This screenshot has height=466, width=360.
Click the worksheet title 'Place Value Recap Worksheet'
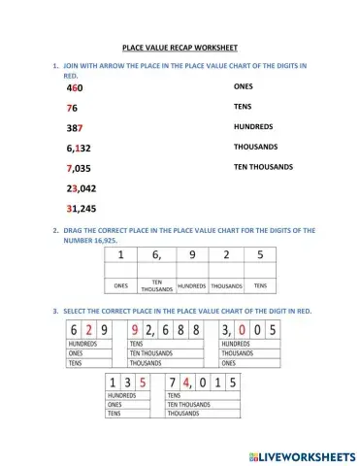180,47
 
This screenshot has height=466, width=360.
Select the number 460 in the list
75,88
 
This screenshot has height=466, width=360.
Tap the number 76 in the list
72,108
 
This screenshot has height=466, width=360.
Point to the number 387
75,128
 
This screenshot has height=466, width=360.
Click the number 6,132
79,149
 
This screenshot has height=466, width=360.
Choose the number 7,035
79,168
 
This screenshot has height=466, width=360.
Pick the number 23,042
82,188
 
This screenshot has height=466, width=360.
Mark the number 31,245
82,209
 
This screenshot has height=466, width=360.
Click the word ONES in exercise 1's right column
243,86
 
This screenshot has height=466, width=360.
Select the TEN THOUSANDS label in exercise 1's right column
263,166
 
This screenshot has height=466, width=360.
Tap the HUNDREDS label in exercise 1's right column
253,126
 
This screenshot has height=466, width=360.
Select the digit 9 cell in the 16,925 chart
191,256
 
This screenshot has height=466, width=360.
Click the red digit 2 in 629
89,329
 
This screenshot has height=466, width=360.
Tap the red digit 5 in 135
142,383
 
